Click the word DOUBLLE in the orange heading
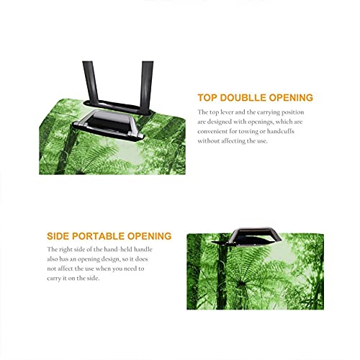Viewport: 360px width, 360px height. click(243, 98)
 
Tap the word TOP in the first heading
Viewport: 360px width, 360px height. click(207, 98)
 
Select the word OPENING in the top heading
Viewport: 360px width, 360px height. click(291, 98)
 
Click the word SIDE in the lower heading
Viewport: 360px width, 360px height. click(58, 236)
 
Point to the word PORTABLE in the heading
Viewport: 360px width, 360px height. click(98, 236)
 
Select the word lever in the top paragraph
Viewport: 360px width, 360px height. click(227, 112)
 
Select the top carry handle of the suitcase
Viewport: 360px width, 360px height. click(109, 125)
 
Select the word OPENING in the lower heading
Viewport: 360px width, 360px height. click(149, 236)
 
